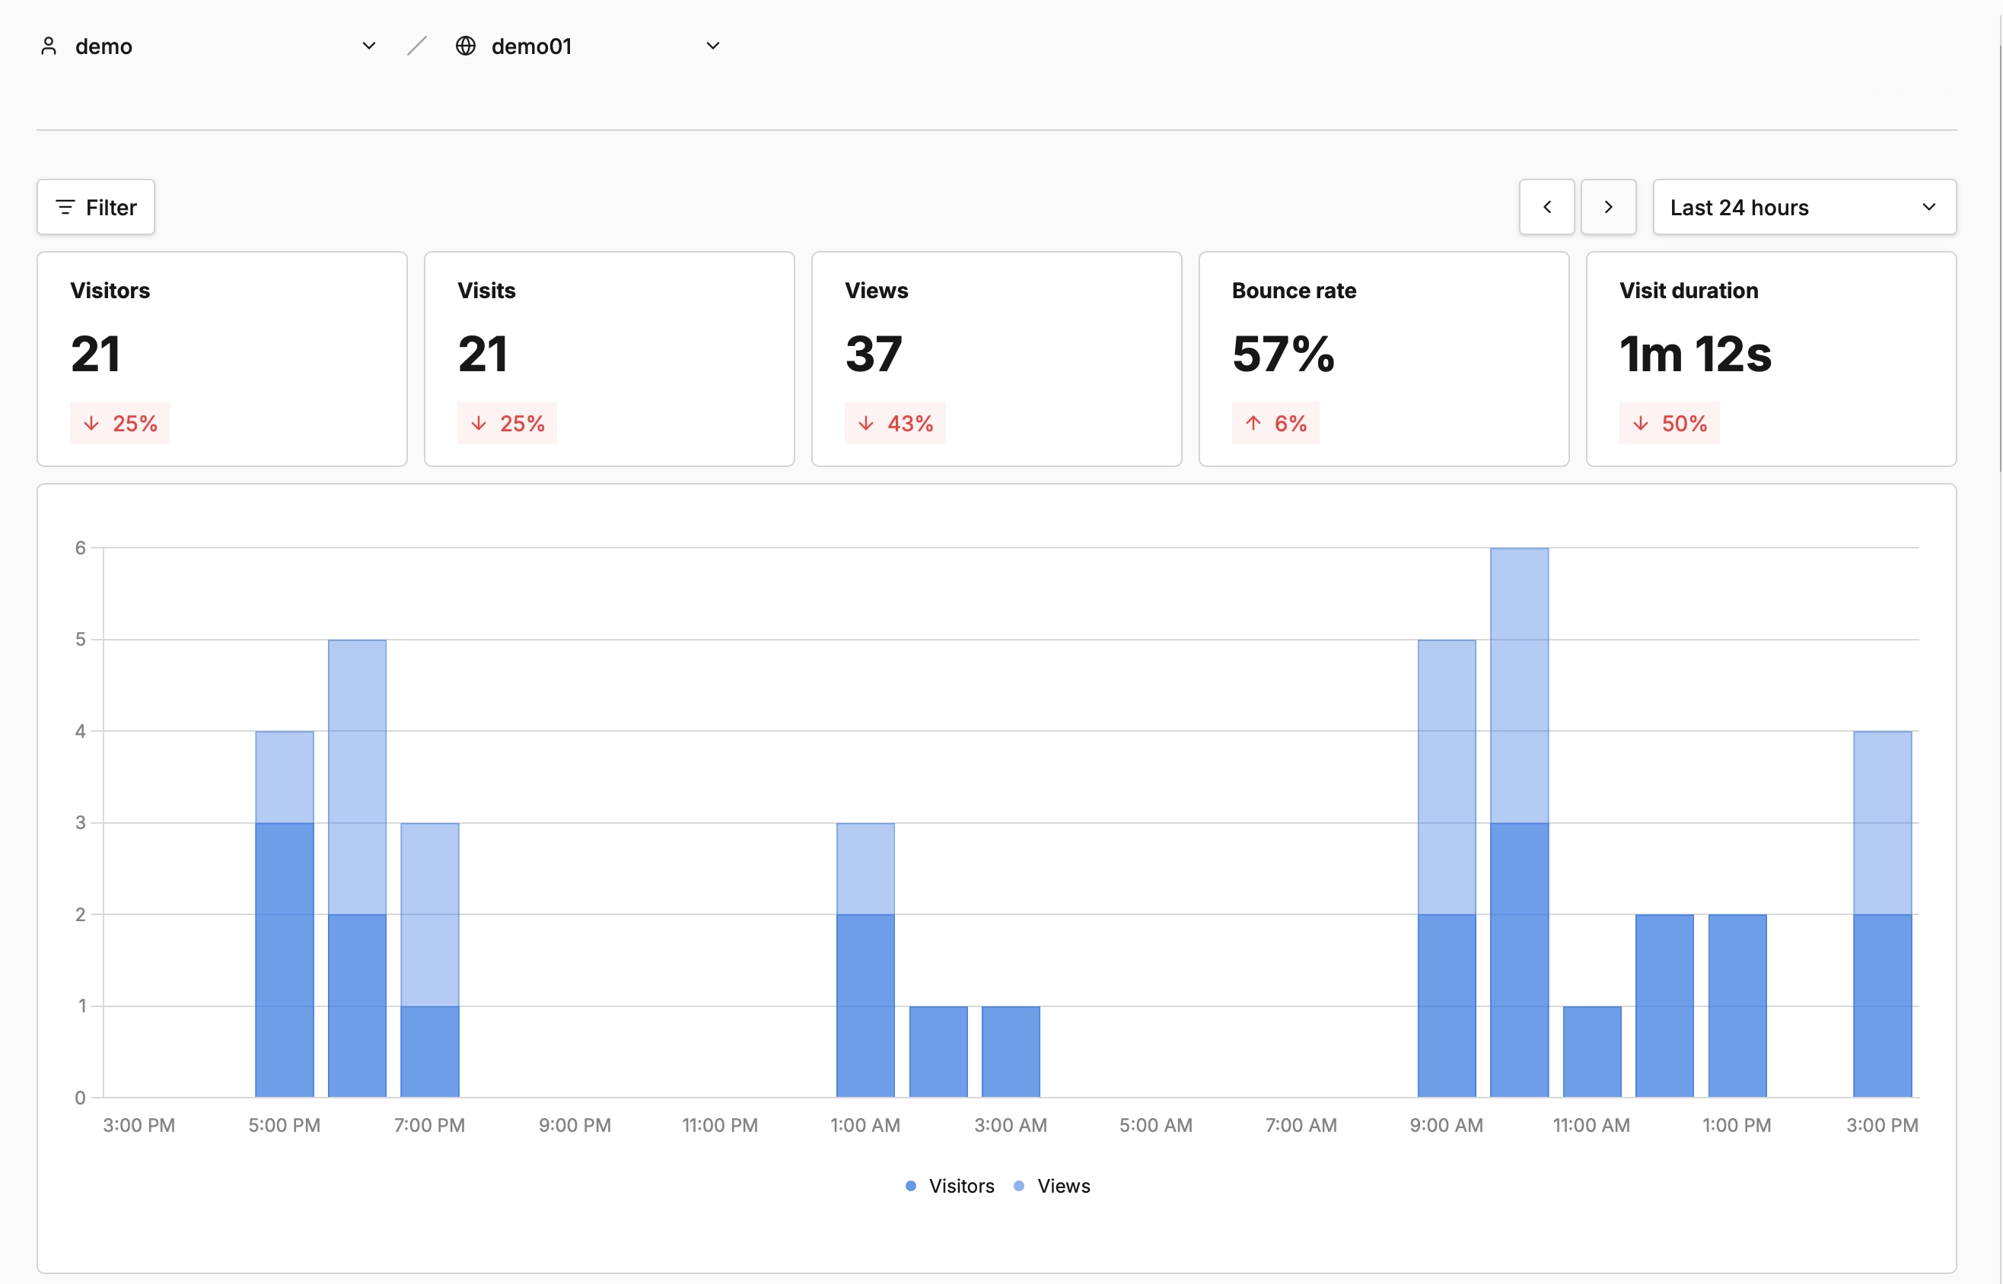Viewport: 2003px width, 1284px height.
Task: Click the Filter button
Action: (96, 207)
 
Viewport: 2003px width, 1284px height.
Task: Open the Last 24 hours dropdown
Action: (1804, 207)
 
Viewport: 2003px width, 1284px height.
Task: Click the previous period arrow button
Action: (1546, 207)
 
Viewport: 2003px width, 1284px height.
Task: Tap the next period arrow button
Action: (1608, 207)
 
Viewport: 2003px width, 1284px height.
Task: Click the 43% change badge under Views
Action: (895, 424)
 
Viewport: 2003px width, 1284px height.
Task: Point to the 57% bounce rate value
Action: (1282, 354)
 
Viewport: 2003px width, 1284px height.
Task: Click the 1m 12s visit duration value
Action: (1695, 354)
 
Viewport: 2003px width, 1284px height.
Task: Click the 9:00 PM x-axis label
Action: (575, 1125)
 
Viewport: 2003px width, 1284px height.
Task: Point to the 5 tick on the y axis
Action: (80, 640)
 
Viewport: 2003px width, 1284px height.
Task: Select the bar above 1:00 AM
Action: (865, 959)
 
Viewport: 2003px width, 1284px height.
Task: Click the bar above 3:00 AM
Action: (1010, 1052)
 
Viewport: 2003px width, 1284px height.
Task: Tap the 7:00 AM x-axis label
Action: (1300, 1125)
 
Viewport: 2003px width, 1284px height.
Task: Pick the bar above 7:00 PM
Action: (429, 959)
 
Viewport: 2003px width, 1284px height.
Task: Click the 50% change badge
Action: (1669, 424)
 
